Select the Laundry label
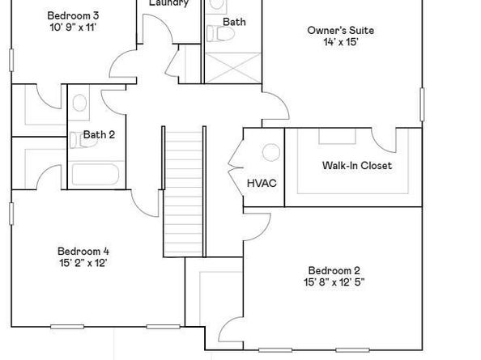click(x=168, y=3)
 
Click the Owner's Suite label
click(x=340, y=31)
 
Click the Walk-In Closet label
click(x=356, y=166)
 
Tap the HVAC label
click(x=262, y=183)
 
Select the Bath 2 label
click(x=99, y=135)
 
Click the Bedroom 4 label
click(x=83, y=251)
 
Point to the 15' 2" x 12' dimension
click(x=83, y=263)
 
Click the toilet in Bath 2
click(x=79, y=103)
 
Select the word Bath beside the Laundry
click(x=234, y=22)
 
